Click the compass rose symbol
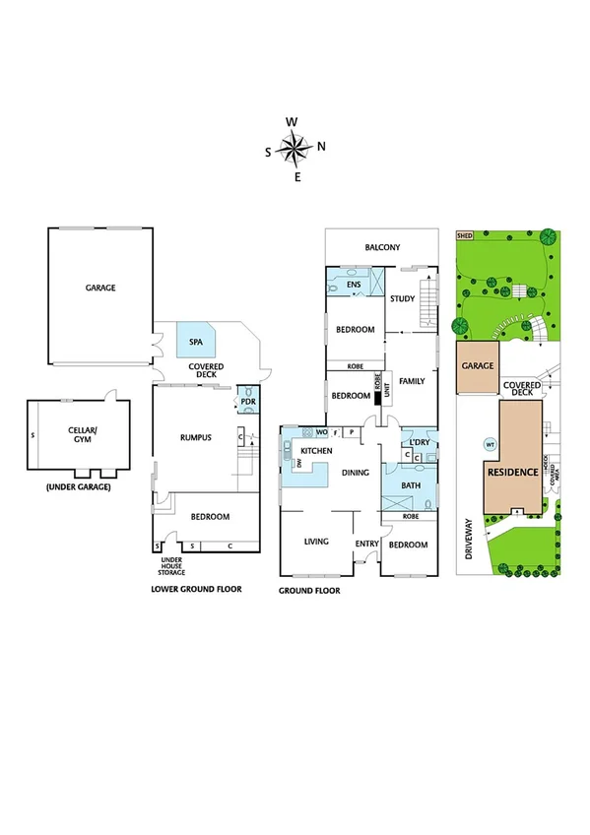pos(294,149)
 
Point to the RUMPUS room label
pos(197,438)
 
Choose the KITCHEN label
pos(316,451)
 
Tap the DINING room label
pos(356,473)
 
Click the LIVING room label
pos(315,541)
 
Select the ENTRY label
pos(366,544)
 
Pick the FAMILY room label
pos(412,381)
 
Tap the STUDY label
pos(401,298)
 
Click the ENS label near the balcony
pos(355,286)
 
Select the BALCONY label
pos(382,248)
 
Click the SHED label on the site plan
pos(463,236)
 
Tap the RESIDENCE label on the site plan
pos(513,473)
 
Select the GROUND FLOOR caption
pos(309,591)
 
